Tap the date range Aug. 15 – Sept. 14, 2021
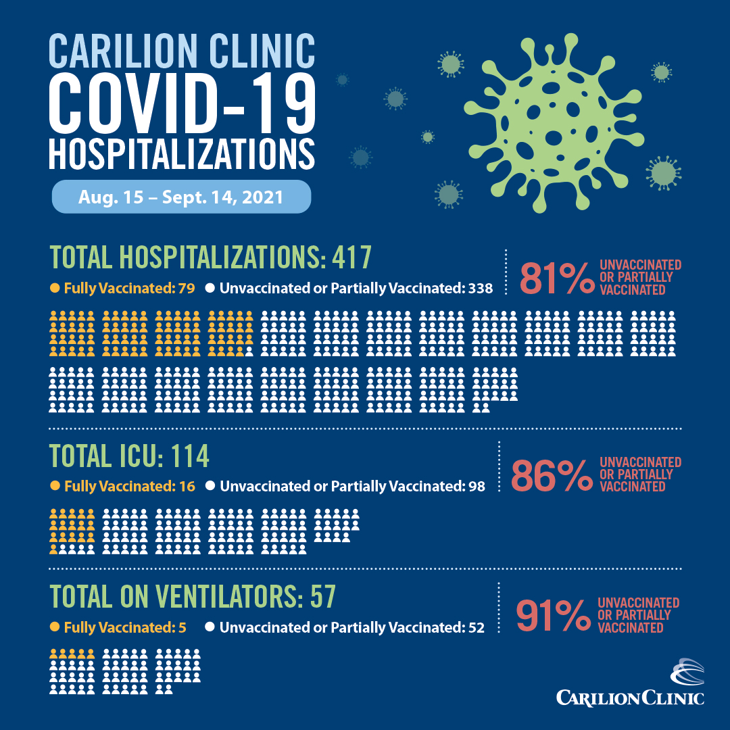pos(181,198)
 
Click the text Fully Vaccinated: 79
pos(129,289)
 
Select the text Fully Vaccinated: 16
pos(129,486)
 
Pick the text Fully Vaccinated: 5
pos(126,627)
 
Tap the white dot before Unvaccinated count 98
pos(210,486)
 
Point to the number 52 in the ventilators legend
pos(475,627)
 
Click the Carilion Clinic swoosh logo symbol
pos(686,673)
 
